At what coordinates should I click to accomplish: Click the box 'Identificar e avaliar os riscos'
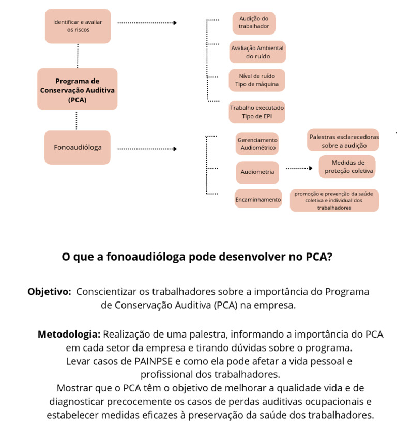78,26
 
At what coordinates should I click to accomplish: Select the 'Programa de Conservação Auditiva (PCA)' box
78,89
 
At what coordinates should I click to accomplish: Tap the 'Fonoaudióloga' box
78,147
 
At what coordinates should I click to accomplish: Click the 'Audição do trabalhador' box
253,23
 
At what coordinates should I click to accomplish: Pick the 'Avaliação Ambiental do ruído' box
257,52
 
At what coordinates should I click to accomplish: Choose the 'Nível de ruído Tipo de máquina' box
257,80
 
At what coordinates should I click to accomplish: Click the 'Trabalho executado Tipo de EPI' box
257,112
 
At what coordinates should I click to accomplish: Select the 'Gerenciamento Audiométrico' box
257,144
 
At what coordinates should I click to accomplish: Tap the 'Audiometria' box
257,172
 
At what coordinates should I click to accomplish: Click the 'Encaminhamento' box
258,199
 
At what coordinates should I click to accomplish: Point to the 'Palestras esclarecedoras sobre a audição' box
344,141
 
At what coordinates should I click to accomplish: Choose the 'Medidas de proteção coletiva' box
347,166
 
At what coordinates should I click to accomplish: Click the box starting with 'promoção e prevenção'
334,200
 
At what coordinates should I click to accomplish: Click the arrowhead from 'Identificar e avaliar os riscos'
175,23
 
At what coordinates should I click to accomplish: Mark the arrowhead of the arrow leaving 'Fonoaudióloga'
175,149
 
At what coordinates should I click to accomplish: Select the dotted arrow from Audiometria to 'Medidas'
299,168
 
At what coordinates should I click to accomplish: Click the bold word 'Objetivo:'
50,292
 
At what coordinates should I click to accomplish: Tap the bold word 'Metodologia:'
69,334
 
